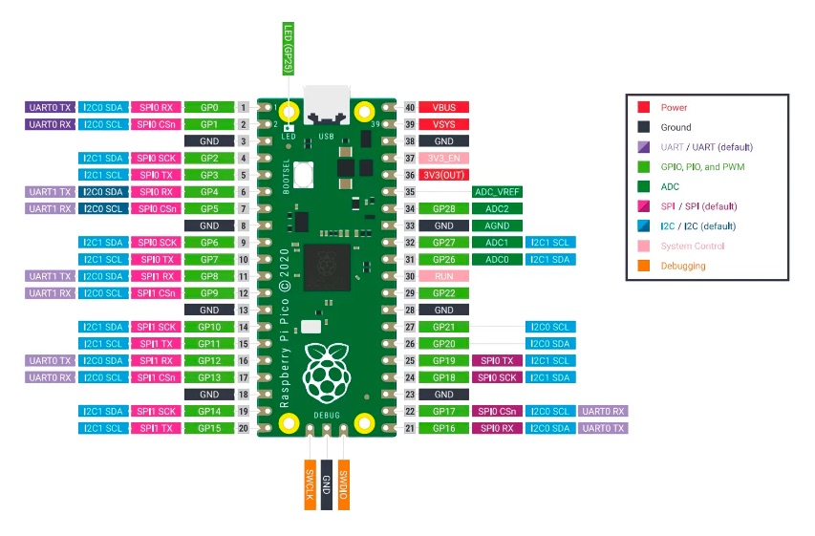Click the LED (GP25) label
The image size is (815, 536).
(x=288, y=49)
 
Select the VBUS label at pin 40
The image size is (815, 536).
(x=444, y=107)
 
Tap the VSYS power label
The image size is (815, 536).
(x=444, y=124)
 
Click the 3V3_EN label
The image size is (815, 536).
(x=444, y=158)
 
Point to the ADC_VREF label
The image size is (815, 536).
(x=497, y=192)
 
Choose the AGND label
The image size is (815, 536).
(x=497, y=225)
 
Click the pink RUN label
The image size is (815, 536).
(x=444, y=276)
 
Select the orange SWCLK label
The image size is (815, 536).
(x=310, y=484)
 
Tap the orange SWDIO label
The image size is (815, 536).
(x=344, y=484)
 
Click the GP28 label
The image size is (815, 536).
(x=444, y=208)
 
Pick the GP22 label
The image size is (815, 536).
(x=444, y=293)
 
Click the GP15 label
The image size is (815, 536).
(x=209, y=428)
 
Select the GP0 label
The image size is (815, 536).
(x=209, y=107)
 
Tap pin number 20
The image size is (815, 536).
(x=244, y=428)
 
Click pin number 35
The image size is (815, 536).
(x=410, y=192)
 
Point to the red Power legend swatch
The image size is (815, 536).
(x=643, y=107)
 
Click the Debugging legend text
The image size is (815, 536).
(x=683, y=266)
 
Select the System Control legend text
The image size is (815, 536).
(x=693, y=246)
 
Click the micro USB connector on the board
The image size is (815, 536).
(x=327, y=104)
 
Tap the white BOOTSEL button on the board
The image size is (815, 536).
(x=303, y=174)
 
